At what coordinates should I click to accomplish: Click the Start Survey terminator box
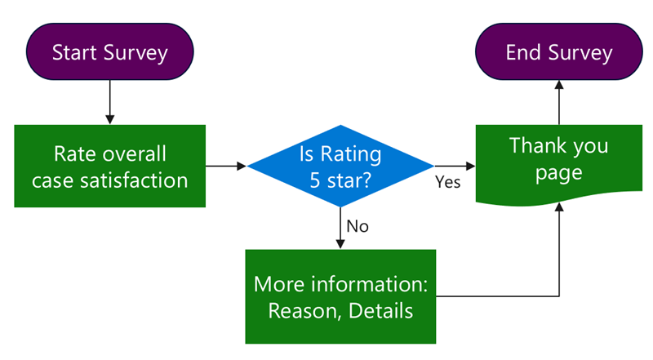[x=109, y=53]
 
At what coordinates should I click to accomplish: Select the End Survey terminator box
[x=558, y=53]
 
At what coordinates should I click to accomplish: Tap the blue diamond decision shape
[x=340, y=166]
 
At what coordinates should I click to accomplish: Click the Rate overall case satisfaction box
[x=109, y=166]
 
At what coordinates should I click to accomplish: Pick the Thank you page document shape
[x=558, y=159]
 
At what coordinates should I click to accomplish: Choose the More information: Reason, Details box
[x=340, y=296]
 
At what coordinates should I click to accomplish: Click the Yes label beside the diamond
[x=447, y=182]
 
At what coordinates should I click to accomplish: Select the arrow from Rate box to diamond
[x=225, y=166]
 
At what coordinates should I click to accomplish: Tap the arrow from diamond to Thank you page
[x=455, y=166]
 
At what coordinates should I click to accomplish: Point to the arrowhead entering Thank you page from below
[x=558, y=208]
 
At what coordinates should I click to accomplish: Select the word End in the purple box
[x=523, y=53]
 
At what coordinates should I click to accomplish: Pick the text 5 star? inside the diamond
[x=340, y=180]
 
